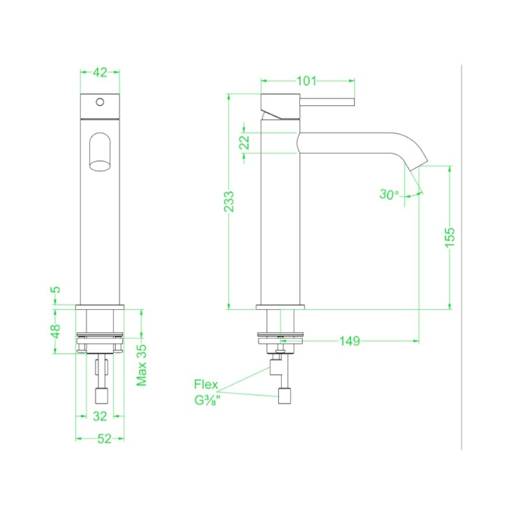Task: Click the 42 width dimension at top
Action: (100, 72)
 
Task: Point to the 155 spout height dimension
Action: (449, 237)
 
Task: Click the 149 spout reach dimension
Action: (349, 341)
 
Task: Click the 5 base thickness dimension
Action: (56, 289)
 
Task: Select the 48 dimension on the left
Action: (56, 331)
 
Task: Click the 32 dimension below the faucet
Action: (100, 416)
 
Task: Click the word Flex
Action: (206, 384)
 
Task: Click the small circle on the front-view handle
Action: (100, 102)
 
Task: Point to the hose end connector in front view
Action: (101, 396)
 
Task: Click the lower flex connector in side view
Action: (285, 396)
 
